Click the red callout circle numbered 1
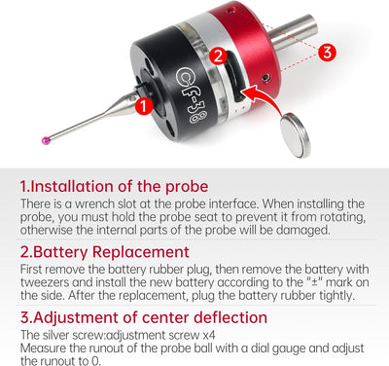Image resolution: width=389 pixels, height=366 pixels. tap(144, 106)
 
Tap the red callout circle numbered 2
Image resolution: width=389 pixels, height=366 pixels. tap(218, 55)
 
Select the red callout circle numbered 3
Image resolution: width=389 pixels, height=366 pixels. tap(327, 53)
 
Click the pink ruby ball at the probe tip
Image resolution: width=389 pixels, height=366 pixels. tap(47, 140)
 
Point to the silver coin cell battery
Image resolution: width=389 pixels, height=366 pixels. tap(296, 134)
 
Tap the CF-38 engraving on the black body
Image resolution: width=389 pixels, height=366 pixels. tap(192, 95)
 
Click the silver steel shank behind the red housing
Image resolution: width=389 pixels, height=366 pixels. tap(294, 31)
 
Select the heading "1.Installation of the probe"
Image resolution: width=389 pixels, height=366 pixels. tap(114, 186)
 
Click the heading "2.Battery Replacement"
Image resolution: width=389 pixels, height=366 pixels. tap(104, 252)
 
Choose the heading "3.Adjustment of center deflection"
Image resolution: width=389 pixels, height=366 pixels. tap(144, 317)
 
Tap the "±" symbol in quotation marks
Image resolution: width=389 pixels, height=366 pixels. tap(314, 282)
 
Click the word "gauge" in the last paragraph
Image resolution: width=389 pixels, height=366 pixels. tap(289, 348)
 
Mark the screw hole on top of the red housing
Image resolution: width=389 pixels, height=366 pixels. tap(230, 11)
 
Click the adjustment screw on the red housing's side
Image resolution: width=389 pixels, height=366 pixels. tap(265, 78)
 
